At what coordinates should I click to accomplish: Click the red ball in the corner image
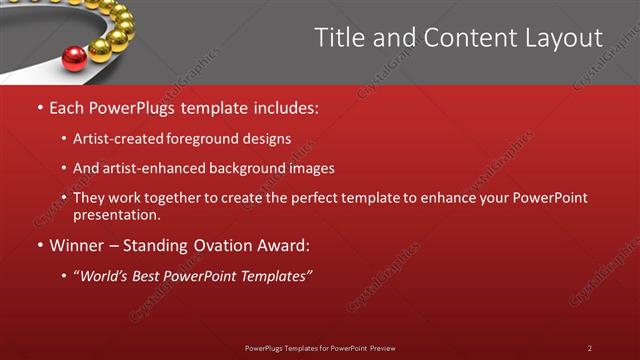click(x=74, y=59)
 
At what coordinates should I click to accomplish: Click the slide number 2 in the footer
click(x=589, y=348)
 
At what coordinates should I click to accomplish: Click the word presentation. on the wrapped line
click(x=116, y=214)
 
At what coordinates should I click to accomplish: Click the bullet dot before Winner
click(x=39, y=245)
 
